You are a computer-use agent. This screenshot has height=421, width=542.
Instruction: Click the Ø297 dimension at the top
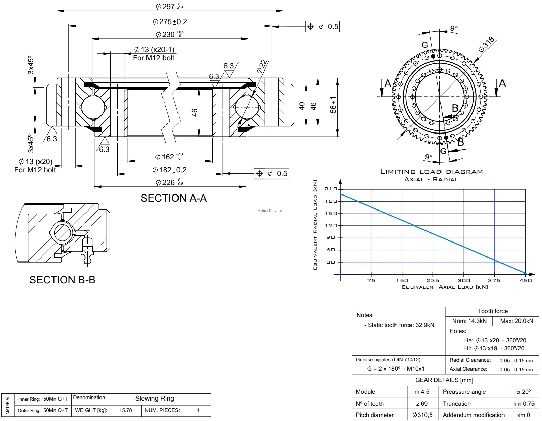click(170, 6)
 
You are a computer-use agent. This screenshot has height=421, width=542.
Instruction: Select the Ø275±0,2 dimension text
click(170, 22)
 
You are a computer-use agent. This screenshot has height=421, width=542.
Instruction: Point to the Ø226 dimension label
click(170, 183)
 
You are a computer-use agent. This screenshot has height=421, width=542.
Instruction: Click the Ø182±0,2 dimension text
click(170, 170)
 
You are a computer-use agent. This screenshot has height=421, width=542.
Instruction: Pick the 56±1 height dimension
click(334, 105)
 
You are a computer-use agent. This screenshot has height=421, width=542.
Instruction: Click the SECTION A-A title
click(174, 198)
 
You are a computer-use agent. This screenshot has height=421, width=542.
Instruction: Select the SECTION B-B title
click(62, 280)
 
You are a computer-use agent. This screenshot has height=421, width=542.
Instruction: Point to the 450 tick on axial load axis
click(525, 280)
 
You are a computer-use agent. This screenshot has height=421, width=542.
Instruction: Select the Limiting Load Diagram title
click(431, 172)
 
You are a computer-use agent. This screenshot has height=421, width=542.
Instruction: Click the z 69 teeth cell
click(421, 404)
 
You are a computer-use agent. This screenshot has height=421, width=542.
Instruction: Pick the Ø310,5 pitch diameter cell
click(422, 415)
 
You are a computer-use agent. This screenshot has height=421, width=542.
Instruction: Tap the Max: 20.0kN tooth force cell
click(516, 321)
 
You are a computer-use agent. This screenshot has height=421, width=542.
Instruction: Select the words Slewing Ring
click(155, 398)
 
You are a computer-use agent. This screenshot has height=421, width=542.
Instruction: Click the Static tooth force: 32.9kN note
click(399, 325)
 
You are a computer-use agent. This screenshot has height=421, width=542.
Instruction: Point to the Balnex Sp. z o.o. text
click(270, 210)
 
